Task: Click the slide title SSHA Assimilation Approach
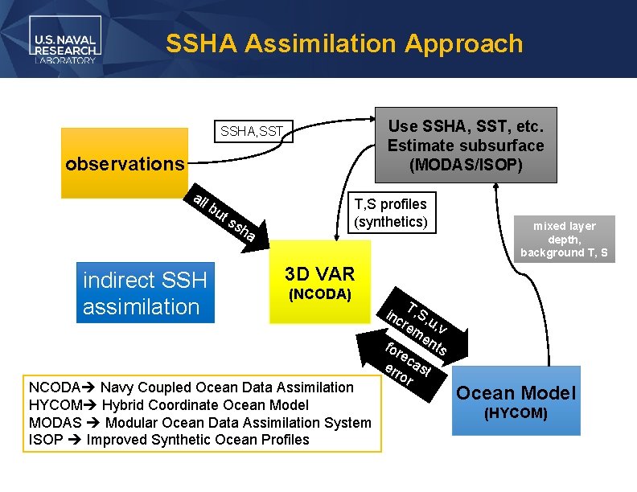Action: click(x=343, y=43)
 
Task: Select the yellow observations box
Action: click(x=124, y=164)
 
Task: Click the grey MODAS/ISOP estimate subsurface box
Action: click(x=466, y=146)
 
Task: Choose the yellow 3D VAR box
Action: click(x=319, y=289)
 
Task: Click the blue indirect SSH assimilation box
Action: click(x=146, y=293)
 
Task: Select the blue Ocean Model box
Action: click(x=516, y=400)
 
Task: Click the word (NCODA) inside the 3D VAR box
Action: click(x=319, y=294)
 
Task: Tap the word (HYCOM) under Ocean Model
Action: click(x=516, y=413)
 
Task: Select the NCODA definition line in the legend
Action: click(x=190, y=387)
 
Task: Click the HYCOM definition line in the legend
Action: click(x=166, y=405)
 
